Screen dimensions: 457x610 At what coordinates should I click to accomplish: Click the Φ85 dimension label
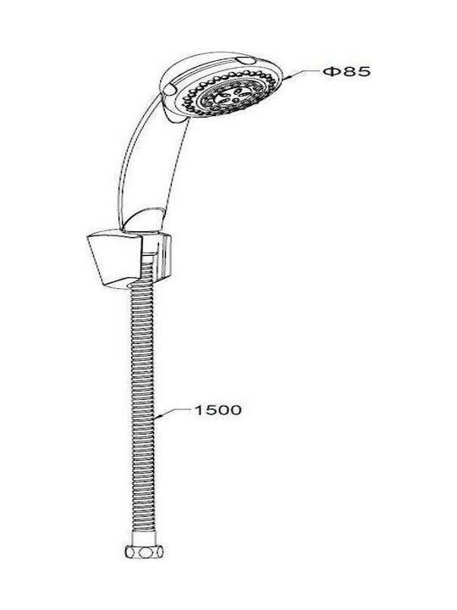click(347, 71)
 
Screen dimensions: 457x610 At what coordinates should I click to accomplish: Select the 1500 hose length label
click(218, 410)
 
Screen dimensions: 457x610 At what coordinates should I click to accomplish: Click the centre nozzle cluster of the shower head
click(231, 95)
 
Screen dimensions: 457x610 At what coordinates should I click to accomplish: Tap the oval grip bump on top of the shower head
click(246, 61)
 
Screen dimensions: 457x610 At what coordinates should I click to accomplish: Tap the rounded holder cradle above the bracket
click(143, 220)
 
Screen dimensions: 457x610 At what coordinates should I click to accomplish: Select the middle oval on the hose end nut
click(146, 552)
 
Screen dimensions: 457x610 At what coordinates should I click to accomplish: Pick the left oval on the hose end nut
click(131, 552)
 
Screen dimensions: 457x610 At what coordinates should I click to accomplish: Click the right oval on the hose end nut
click(158, 552)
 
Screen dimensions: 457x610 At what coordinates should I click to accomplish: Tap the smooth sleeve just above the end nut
click(144, 539)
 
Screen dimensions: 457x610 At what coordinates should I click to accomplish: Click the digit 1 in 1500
click(199, 410)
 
